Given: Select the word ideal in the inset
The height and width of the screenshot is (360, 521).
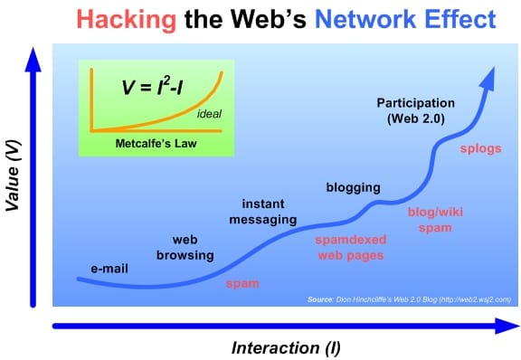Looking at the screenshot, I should coord(208,114).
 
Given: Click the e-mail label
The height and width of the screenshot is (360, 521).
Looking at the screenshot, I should coord(111,269).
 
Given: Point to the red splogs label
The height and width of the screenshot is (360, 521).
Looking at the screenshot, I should coord(481,147).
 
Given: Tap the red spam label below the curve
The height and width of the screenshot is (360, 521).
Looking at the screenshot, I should coord(242,284).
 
